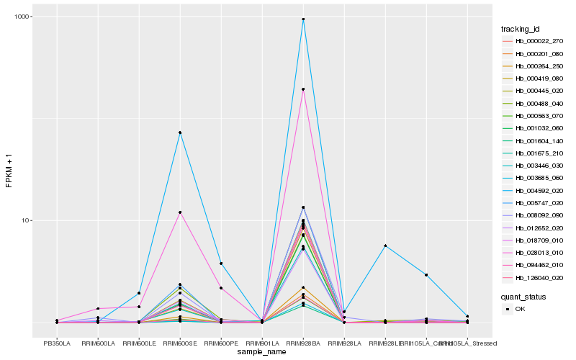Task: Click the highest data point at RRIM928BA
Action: (x=303, y=19)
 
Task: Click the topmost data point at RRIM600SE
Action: (x=180, y=132)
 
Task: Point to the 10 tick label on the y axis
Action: (x=26, y=220)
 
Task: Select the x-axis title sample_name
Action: (x=262, y=352)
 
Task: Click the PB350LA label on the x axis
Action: (x=57, y=343)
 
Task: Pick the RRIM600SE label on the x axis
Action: (x=180, y=343)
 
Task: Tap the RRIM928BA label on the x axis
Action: (x=303, y=343)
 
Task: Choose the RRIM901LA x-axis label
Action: (x=262, y=343)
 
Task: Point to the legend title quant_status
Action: (x=524, y=296)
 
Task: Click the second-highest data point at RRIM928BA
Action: (x=303, y=89)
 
